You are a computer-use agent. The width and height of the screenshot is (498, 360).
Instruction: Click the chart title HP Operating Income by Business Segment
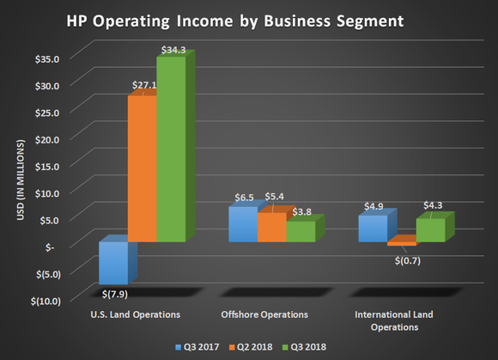248,19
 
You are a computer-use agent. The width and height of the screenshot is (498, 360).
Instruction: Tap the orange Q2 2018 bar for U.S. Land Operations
142,168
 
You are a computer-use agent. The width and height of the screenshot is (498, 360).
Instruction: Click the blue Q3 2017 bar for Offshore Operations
243,224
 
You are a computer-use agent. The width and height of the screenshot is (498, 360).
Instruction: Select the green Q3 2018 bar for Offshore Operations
301,231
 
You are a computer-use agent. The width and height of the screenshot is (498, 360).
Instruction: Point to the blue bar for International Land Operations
373,229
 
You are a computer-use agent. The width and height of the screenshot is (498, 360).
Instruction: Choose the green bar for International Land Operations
430,230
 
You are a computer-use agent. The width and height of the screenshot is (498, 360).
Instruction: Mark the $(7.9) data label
113,293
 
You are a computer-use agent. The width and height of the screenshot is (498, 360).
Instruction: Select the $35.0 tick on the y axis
56,59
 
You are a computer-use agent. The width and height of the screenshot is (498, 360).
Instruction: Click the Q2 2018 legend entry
251,348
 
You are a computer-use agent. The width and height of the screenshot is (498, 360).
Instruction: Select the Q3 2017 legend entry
197,348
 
